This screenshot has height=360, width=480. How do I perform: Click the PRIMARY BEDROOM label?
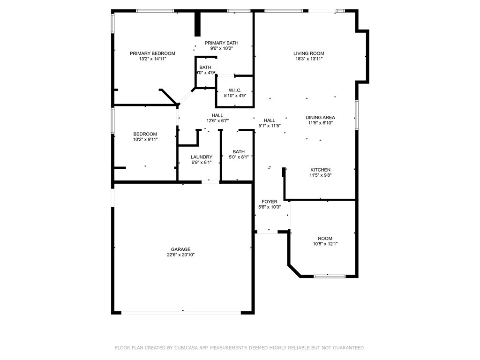152,53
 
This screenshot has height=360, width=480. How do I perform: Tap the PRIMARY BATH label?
221,43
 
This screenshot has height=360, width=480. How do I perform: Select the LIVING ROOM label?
308,53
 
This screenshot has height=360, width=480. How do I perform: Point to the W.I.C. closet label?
235,90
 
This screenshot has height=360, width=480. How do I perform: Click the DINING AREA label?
320,117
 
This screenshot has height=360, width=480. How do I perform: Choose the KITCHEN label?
321,170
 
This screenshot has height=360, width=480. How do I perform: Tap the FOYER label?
270,202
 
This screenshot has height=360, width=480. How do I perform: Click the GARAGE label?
180,249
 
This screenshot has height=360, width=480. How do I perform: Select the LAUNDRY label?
202,157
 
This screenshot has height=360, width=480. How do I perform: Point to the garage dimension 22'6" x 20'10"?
180,255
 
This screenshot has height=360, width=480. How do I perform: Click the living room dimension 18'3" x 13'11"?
309,59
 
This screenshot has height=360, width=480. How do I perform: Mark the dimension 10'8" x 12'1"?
325,244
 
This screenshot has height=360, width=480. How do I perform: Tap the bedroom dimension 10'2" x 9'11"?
145,139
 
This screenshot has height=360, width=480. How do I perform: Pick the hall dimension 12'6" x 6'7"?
217,120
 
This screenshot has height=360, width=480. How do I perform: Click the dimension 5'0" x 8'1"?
239,157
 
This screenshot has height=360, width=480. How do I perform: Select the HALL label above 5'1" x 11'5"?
270,120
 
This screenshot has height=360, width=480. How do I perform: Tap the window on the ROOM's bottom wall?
330,276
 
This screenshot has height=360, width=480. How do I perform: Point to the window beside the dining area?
357,114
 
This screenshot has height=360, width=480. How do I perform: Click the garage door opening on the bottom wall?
181,313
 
